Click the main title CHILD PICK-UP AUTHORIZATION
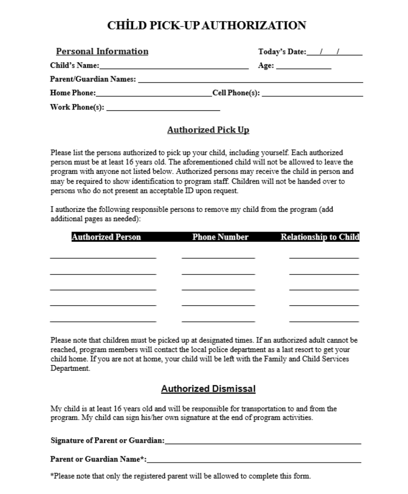206,25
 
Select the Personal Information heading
102,51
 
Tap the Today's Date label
282,52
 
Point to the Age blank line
304,67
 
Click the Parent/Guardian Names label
93,79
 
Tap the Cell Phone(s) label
236,93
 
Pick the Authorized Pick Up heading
208,130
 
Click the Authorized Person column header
106,237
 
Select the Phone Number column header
220,237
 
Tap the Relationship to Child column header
319,237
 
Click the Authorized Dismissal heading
208,388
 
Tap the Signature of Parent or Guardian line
263,442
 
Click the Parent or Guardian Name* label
98,459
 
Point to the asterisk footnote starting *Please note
180,476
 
